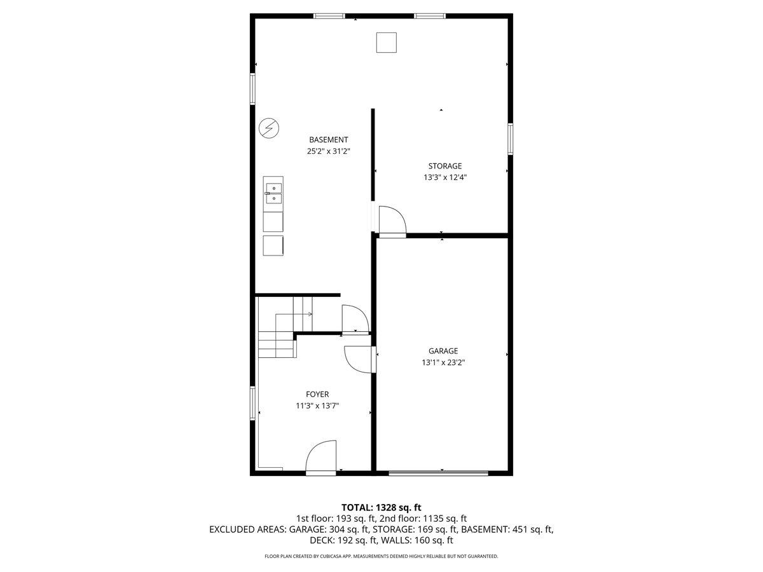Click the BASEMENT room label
tap(328, 140)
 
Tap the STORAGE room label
tap(444, 167)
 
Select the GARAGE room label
tap(443, 351)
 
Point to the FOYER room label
tap(317, 395)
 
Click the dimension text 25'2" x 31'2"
tap(329, 151)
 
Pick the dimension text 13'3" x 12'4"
tap(445, 178)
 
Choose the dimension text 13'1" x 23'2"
tap(443, 362)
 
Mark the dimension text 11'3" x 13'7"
tap(317, 406)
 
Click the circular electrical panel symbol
tap(268, 128)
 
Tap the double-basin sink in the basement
tap(274, 193)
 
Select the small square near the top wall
tap(386, 42)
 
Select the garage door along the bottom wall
tap(439, 472)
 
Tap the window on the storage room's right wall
tap(510, 139)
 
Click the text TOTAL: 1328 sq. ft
tap(381, 507)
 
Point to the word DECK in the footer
tap(322, 541)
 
